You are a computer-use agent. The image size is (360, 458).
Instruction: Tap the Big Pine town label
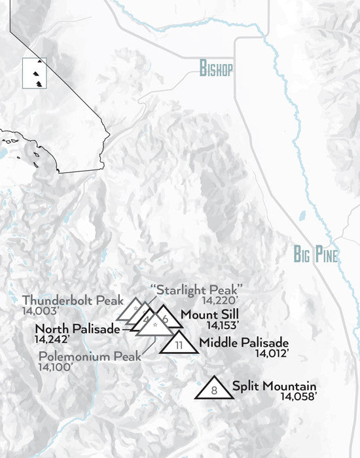click(x=315, y=255)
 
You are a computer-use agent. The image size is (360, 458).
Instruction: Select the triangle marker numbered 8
click(x=214, y=389)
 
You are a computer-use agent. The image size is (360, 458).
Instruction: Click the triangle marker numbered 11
click(x=178, y=343)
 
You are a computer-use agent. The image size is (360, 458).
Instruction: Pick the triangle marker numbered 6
click(x=167, y=319)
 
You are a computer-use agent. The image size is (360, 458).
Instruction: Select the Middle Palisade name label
click(x=243, y=342)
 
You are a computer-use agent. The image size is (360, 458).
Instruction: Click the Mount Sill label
click(x=209, y=314)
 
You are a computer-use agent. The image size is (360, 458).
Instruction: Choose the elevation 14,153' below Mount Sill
click(x=222, y=325)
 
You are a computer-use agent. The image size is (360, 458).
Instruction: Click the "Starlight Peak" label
click(x=196, y=289)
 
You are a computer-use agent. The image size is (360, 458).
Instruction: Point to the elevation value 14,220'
click(x=221, y=300)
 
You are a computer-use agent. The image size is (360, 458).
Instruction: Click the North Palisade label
click(x=78, y=328)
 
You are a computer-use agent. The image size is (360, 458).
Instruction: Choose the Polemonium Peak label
click(x=90, y=357)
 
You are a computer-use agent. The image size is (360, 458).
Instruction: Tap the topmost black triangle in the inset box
click(x=40, y=61)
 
